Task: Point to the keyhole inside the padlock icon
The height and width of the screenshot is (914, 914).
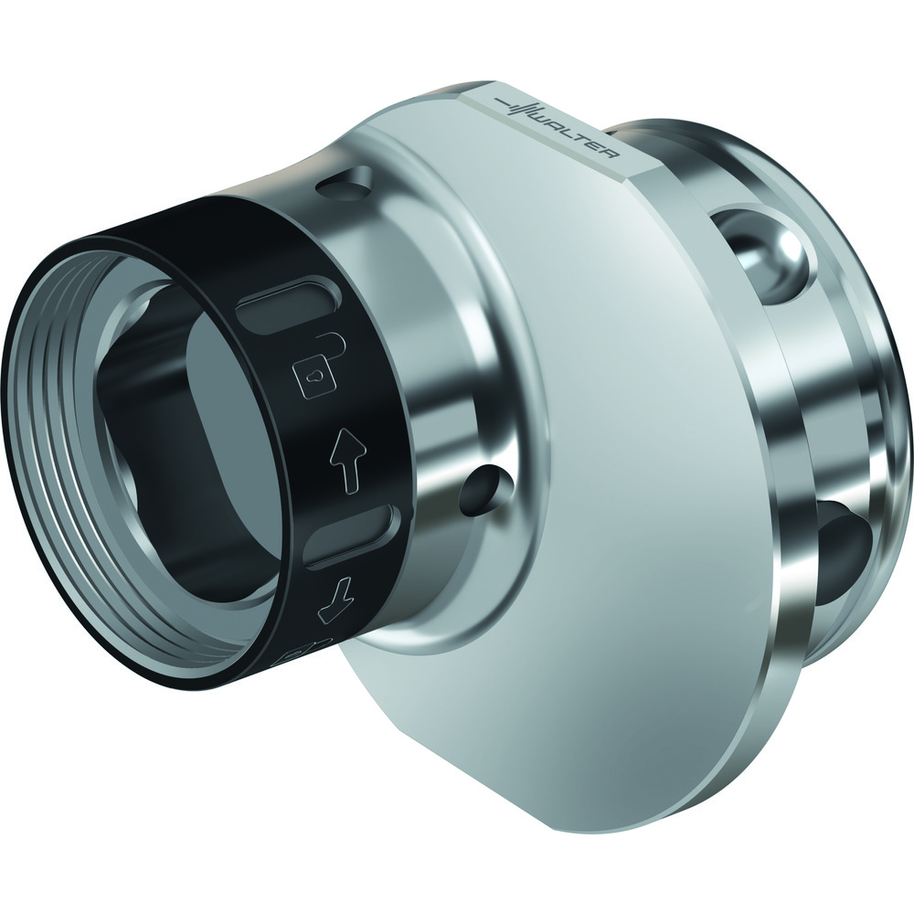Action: click(312, 372)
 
